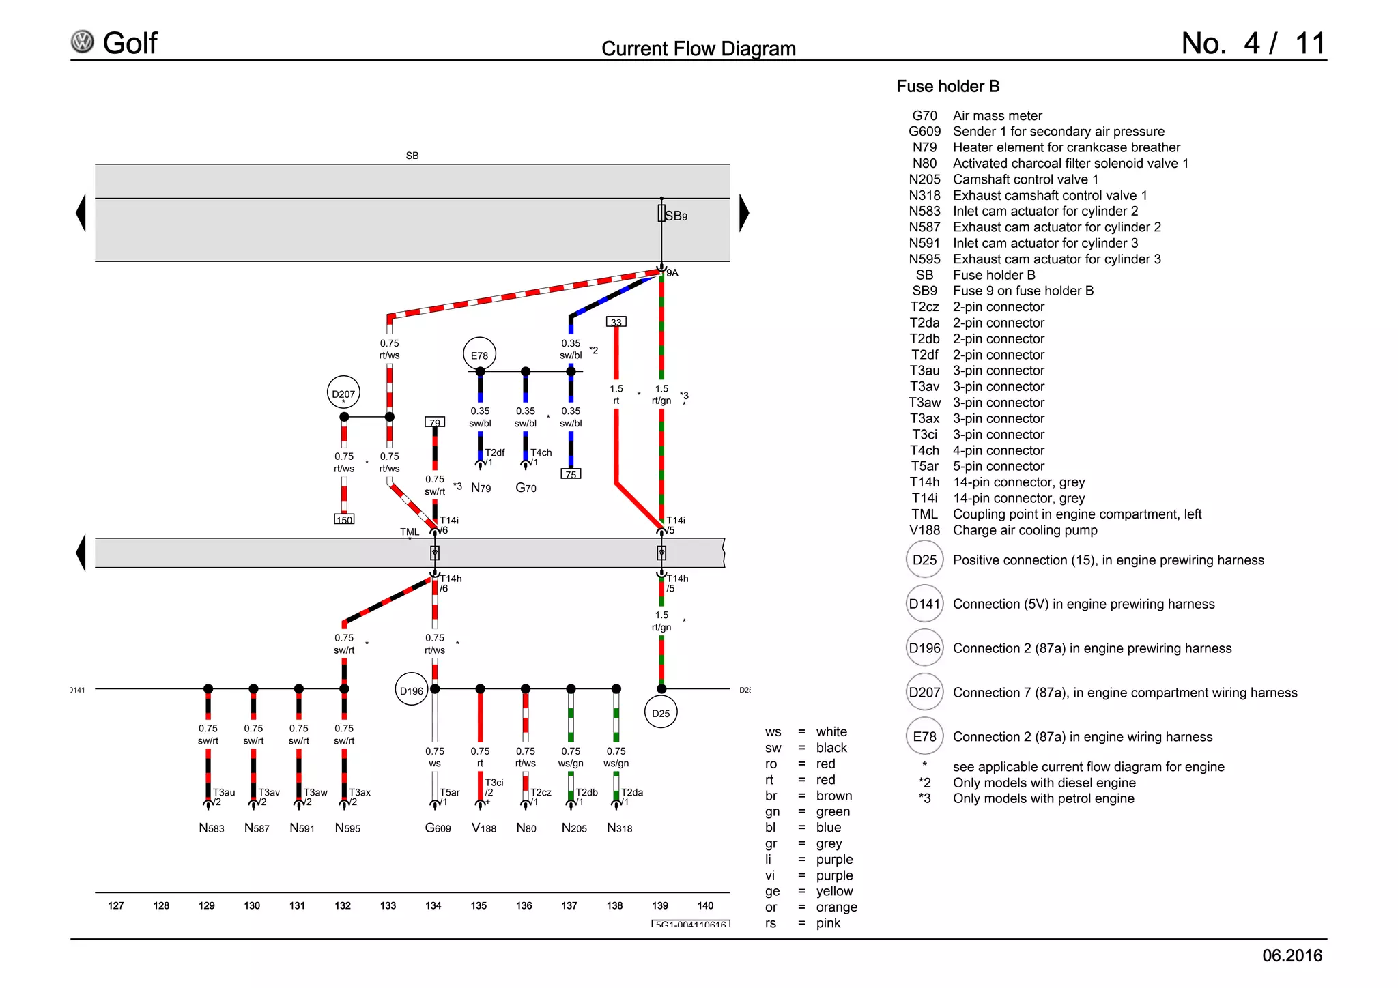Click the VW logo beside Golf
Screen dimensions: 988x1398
[83, 42]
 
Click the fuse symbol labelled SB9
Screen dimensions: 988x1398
[661, 214]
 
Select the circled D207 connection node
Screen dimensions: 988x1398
[343, 394]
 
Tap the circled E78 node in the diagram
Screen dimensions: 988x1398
[480, 355]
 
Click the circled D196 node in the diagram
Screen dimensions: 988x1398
[412, 690]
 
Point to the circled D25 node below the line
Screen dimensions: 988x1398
[661, 713]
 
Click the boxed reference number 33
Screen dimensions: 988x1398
[616, 321]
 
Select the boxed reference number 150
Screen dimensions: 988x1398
[344, 519]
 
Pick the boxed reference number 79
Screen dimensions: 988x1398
[435, 422]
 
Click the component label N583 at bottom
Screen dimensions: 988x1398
[211, 828]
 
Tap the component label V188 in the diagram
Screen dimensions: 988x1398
[484, 828]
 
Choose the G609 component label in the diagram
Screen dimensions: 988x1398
[438, 828]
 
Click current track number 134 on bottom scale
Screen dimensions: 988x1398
[433, 905]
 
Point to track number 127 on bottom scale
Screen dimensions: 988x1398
[116, 905]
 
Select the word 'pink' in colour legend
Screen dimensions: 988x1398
[828, 923]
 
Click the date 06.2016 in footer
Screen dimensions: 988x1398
[1292, 955]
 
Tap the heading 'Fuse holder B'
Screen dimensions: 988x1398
[947, 87]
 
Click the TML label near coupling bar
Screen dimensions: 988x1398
[410, 532]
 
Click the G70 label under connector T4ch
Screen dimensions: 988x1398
[526, 487]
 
